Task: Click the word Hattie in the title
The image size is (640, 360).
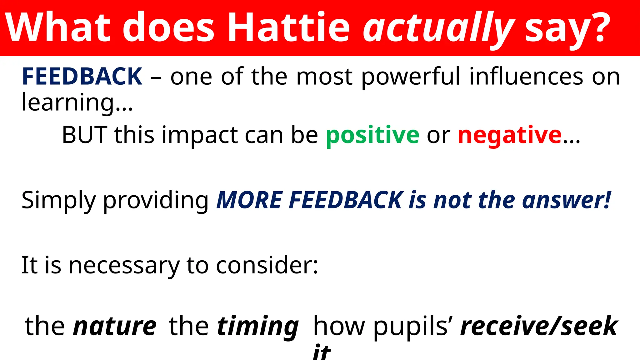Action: pos(289,27)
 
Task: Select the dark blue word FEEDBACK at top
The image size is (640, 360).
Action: pos(82,77)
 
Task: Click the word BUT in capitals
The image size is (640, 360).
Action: pos(84,135)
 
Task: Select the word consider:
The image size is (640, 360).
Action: pos(267,265)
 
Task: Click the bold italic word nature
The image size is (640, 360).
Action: pos(115,326)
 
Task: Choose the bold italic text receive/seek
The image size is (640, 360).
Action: pos(539,326)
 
